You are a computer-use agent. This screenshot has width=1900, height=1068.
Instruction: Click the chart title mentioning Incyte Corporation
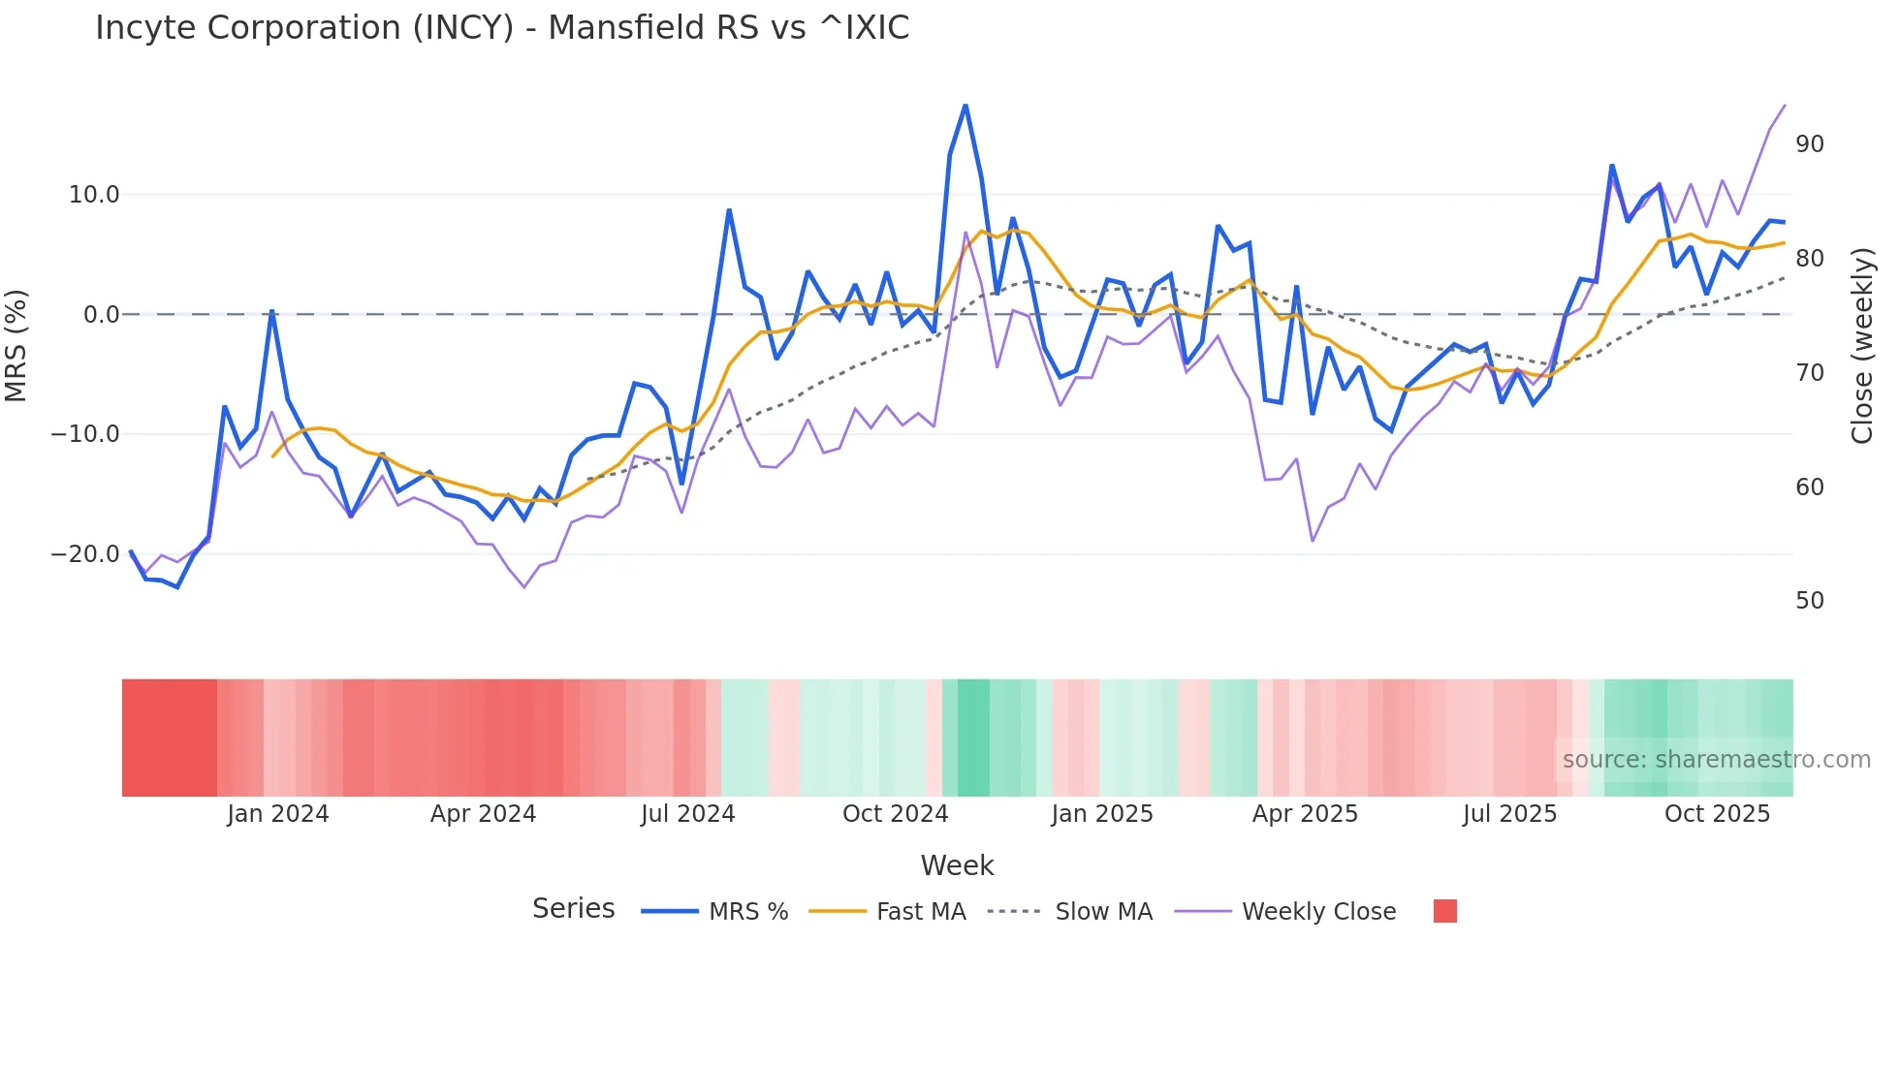tap(502, 28)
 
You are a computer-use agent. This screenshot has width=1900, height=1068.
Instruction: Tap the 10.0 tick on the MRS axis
tap(94, 195)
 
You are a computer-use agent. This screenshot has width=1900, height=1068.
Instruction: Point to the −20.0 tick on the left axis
tap(86, 554)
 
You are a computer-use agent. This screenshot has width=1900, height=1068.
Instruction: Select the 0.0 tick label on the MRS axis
tap(102, 315)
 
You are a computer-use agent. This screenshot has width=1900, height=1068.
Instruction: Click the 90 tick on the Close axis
tap(1809, 144)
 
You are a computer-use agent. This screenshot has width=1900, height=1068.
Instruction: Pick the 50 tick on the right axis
tap(1809, 601)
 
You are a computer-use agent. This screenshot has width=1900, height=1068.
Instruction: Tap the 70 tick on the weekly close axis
tap(1809, 373)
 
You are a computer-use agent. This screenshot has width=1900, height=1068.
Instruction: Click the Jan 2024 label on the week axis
tap(278, 814)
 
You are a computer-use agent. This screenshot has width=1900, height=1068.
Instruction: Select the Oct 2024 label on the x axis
tap(895, 814)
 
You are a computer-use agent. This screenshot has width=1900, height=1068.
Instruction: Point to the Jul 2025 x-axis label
tap(1509, 814)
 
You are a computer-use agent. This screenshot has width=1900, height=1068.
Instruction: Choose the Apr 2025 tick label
tap(1305, 814)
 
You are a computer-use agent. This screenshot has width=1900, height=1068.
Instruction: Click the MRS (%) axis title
tap(16, 345)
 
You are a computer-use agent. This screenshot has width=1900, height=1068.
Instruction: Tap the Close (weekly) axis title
tap(1862, 346)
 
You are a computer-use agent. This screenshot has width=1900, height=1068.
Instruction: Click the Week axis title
tap(957, 865)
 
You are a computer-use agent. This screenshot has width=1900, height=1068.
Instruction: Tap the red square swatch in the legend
tap(1444, 911)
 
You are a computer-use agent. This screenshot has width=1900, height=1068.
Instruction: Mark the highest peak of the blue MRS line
tap(966, 105)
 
